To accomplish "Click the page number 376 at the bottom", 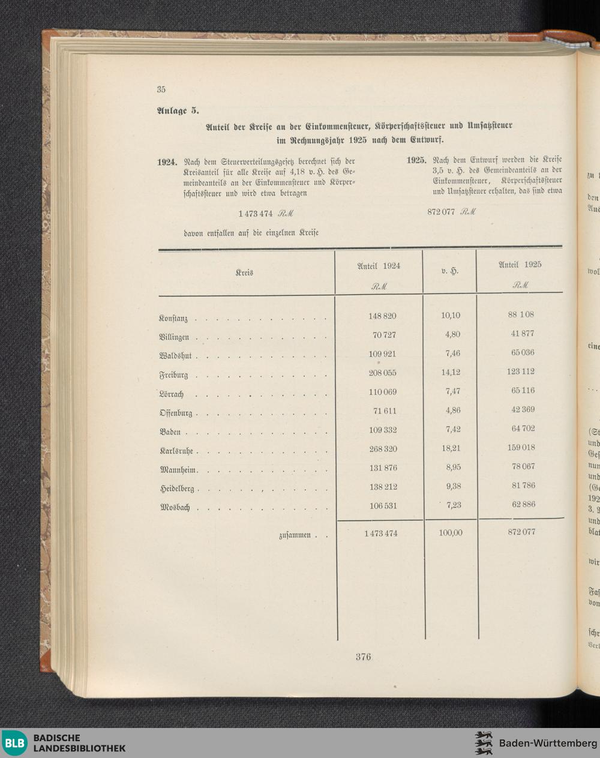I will coord(363,657).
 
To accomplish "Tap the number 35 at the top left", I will coord(161,89).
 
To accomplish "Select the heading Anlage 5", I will coord(178,110).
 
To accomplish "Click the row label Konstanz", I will coord(173,319).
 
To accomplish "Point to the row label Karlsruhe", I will coord(176,451).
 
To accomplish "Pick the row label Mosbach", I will coord(175,508).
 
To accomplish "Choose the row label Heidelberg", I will coord(177,489).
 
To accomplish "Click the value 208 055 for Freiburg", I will coord(382,373).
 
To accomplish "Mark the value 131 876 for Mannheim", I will coord(383,468).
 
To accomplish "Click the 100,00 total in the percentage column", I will coord(450,532).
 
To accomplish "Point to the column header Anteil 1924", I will coord(379,265).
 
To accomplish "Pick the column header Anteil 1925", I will coord(520,265).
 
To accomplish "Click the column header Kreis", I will coord(244,273).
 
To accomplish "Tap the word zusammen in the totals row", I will coord(295,535).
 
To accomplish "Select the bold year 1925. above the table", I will coord(416,160).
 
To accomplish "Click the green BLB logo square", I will coord(14,743).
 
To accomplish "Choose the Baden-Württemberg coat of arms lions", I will coord(484,743).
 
